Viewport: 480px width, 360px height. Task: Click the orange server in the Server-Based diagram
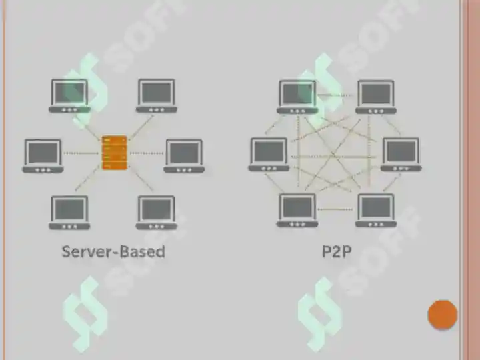(114, 153)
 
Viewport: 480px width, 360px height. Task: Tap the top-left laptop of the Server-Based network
(69, 96)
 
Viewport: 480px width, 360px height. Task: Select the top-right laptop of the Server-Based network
(157, 96)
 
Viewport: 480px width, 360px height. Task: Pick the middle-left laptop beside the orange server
(43, 156)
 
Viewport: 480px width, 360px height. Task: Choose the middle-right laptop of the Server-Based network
(184, 156)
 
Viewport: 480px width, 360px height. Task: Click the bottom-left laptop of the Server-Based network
(69, 213)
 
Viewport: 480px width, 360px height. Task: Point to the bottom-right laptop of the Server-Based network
(157, 213)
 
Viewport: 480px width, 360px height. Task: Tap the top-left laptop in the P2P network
(297, 97)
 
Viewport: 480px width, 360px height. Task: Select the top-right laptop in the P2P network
(376, 97)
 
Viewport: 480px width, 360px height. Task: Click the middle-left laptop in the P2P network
(269, 155)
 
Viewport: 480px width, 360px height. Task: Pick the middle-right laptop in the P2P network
(401, 155)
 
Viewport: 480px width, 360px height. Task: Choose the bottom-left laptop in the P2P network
(297, 211)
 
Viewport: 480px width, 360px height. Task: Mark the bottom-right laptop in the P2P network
(376, 211)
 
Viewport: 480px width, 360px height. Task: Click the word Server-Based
(113, 251)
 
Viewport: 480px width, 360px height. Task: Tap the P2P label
(337, 251)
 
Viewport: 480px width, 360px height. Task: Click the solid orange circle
(443, 315)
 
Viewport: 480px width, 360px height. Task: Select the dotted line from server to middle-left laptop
(81, 153)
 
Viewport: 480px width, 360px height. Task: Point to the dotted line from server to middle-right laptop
(146, 153)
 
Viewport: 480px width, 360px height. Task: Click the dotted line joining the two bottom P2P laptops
(335, 209)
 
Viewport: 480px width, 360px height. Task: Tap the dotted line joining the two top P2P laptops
(334, 95)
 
